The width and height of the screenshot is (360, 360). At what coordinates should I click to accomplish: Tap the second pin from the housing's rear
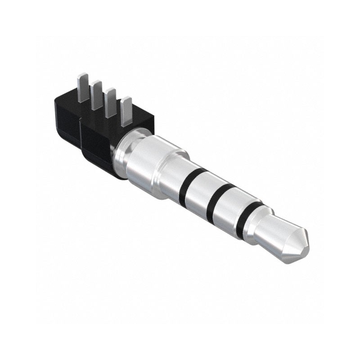pos(96,95)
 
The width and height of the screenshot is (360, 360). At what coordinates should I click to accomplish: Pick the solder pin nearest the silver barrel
pos(127,110)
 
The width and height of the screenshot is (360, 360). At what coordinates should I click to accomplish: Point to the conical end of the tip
pos(295,245)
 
